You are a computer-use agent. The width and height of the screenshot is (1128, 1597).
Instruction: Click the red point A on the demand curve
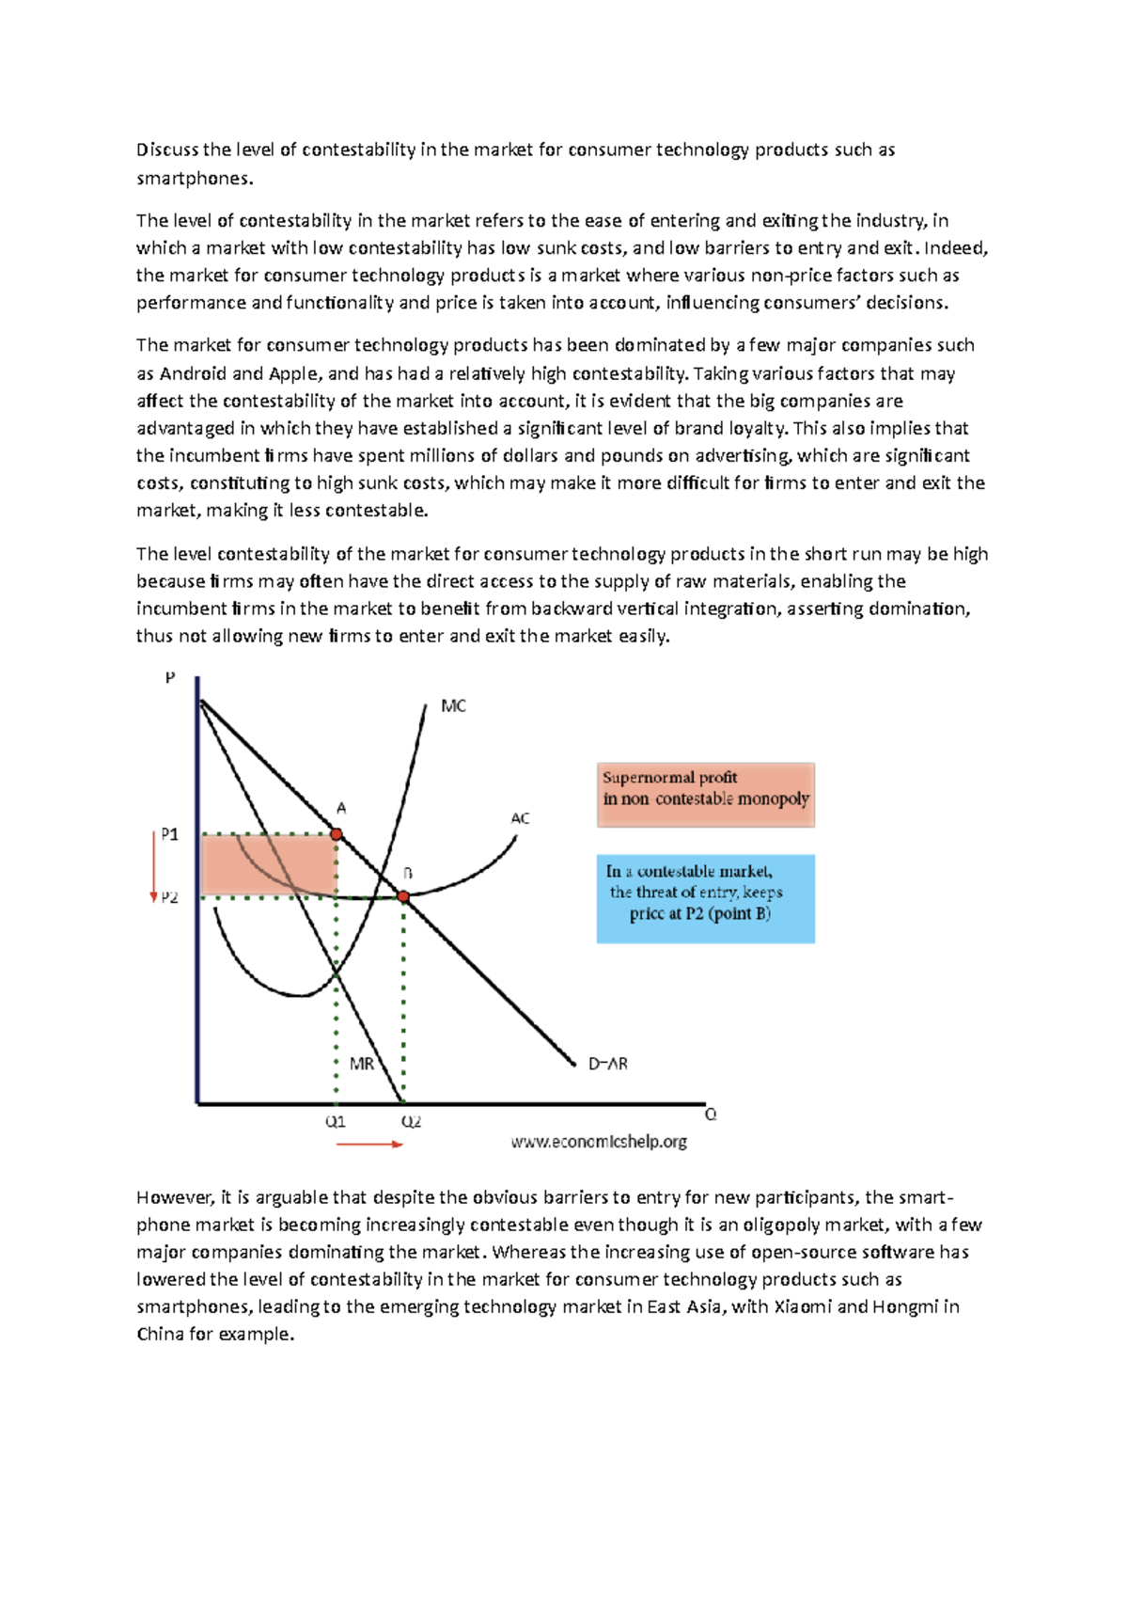337,834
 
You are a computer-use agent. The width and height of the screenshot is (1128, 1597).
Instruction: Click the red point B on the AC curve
403,897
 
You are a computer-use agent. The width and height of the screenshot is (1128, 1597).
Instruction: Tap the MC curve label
453,706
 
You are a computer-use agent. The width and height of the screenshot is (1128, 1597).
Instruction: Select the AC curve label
520,818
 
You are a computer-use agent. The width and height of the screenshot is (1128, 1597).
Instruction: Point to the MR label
361,1064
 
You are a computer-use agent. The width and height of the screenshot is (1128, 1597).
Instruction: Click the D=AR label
607,1064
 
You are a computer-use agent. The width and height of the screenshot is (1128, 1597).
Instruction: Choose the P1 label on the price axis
169,834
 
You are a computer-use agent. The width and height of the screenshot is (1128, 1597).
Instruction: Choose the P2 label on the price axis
169,897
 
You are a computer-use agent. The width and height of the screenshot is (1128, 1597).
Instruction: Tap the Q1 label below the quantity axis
336,1121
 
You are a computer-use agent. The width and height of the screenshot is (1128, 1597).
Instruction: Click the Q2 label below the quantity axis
411,1121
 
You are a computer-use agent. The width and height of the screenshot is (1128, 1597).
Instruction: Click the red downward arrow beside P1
153,865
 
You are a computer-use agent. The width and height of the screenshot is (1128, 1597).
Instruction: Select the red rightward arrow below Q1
369,1144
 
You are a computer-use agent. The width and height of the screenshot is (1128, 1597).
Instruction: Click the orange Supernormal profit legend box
705,795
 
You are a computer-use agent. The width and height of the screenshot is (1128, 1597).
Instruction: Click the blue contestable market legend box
705,898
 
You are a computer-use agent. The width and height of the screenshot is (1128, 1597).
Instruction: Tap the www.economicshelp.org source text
599,1142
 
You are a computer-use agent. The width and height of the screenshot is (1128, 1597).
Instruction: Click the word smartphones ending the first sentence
194,179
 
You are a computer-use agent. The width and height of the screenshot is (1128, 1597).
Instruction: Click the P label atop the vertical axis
170,677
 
